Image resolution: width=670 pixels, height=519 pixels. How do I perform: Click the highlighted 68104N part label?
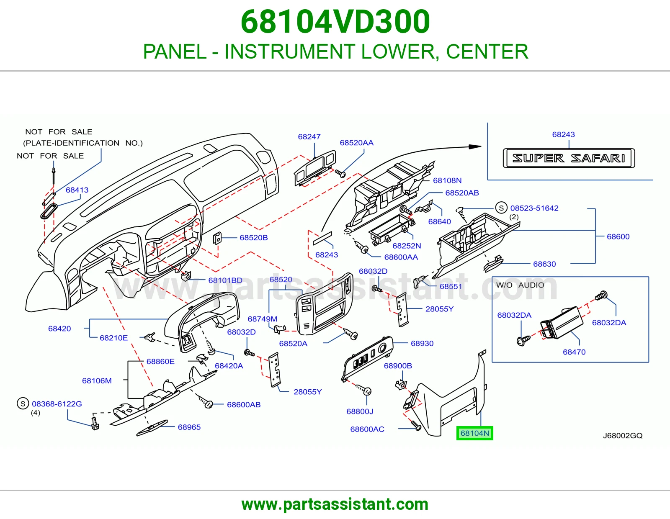(x=474, y=433)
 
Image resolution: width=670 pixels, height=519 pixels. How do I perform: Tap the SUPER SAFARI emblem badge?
(x=569, y=158)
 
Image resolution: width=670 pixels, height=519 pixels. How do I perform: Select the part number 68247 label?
(x=309, y=136)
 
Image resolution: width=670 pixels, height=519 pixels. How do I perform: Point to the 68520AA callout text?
(x=356, y=143)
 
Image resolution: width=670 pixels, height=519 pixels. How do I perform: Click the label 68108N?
(x=447, y=180)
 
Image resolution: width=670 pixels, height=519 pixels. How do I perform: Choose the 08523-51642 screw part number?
(x=534, y=208)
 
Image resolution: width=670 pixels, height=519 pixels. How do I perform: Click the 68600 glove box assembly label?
(x=618, y=236)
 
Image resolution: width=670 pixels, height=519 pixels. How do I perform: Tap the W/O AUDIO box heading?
(x=520, y=285)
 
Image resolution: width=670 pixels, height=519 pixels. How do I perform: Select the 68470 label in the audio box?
(x=574, y=352)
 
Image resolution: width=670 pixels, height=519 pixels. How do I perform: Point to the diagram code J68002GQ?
(x=623, y=435)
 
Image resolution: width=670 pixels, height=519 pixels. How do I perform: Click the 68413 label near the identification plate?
(x=77, y=190)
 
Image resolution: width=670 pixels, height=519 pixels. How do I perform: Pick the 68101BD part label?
(x=225, y=280)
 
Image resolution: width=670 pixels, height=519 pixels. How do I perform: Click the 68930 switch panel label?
(x=422, y=343)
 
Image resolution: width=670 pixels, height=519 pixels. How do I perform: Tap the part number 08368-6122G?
(x=57, y=404)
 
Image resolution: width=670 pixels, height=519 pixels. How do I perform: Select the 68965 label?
(x=189, y=427)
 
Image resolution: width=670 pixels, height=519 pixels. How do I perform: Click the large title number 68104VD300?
(x=335, y=22)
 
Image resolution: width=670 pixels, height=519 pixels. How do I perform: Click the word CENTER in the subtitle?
(x=487, y=51)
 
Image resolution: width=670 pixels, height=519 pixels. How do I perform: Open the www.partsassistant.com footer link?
(x=335, y=504)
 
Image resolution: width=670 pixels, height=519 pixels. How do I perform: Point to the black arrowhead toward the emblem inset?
(x=475, y=146)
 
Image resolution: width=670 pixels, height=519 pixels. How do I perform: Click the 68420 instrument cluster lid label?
(x=59, y=329)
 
